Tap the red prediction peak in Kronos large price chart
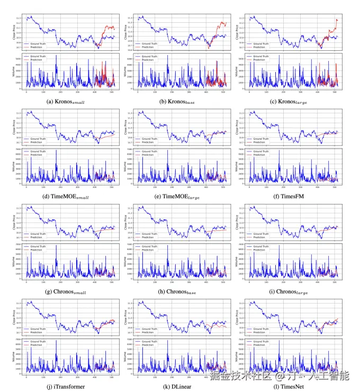click(x=336, y=20)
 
